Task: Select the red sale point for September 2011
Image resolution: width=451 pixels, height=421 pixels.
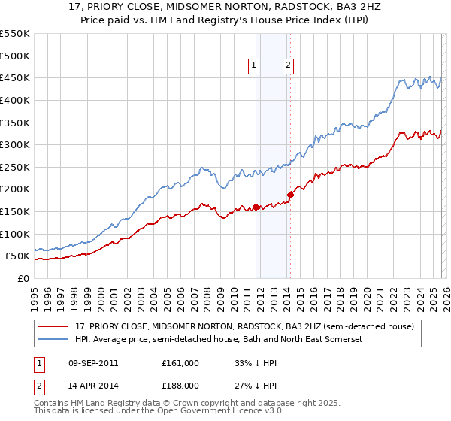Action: tap(256, 207)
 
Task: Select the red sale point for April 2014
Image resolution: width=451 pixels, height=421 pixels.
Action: tap(290, 195)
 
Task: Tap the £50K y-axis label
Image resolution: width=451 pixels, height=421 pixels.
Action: tap(17, 256)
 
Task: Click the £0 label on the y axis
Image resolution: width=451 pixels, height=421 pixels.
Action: tap(23, 278)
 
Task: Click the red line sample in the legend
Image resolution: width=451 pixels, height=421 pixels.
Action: tap(53, 326)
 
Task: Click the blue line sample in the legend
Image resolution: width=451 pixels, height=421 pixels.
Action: tap(53, 340)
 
